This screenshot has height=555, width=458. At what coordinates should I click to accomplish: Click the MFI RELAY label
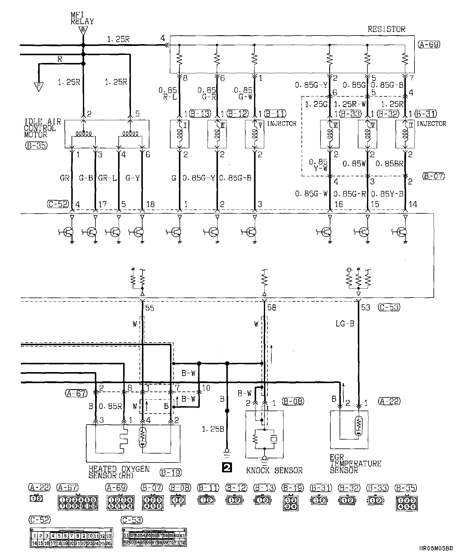coord(82,18)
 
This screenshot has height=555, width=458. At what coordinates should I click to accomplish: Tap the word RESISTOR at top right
coord(386,29)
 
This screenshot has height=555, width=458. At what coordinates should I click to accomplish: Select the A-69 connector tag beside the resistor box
coord(429,45)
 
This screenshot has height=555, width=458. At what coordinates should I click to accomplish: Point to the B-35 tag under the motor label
coord(36,146)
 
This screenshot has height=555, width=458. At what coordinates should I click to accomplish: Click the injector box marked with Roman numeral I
coord(180,134)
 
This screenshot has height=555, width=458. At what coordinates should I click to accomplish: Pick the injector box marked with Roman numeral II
coord(405,134)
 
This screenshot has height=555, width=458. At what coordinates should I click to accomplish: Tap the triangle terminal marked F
coord(38,87)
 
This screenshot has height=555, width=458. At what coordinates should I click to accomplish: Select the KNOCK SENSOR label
coord(274,471)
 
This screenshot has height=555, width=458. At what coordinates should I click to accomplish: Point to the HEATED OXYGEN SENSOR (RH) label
coord(119,472)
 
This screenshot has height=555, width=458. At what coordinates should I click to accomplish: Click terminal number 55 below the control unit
coord(150,308)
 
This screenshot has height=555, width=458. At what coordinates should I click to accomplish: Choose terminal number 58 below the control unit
coord(272,308)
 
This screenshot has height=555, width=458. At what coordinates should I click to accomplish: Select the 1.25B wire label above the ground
coord(213,429)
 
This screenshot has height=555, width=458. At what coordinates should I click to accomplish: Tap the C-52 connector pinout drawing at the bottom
coord(72,537)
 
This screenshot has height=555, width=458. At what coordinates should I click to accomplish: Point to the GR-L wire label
coord(107,178)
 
